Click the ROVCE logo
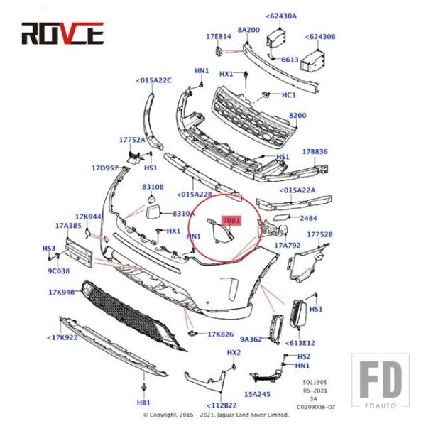(x=62, y=33)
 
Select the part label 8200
(x=297, y=115)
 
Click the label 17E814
(x=219, y=35)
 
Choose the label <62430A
(x=281, y=16)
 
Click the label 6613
(x=290, y=60)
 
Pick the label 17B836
(x=315, y=152)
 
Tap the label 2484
(x=308, y=218)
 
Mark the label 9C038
(x=59, y=271)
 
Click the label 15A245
(x=256, y=393)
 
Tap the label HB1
(x=145, y=403)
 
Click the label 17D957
(x=104, y=168)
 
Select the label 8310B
(x=153, y=186)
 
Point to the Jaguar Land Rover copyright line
(x=216, y=415)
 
